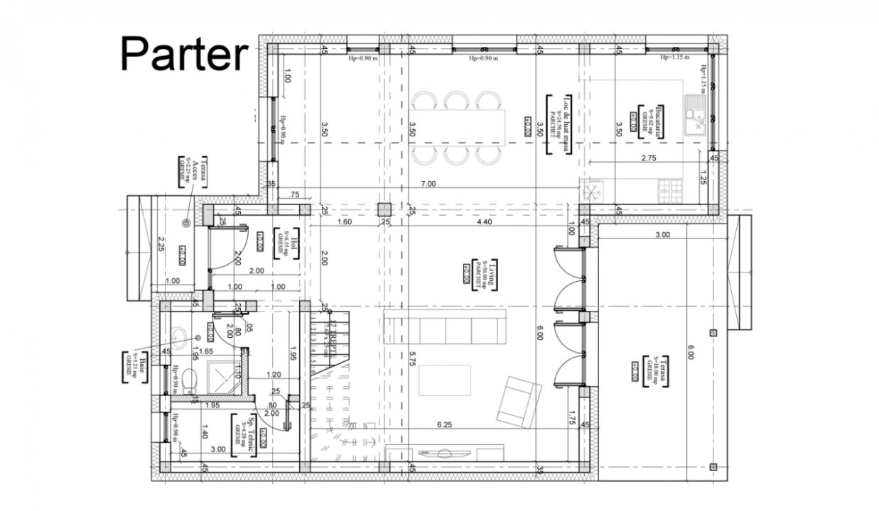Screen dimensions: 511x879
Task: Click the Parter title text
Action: coord(183,54)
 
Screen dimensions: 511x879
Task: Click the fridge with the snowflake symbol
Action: coord(592,190)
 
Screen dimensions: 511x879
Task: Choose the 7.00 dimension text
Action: coord(428,184)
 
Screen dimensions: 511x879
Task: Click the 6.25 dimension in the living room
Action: coord(445,424)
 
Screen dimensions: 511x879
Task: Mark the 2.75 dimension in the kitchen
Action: coord(648,158)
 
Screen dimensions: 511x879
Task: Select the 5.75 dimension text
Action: coord(411,360)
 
